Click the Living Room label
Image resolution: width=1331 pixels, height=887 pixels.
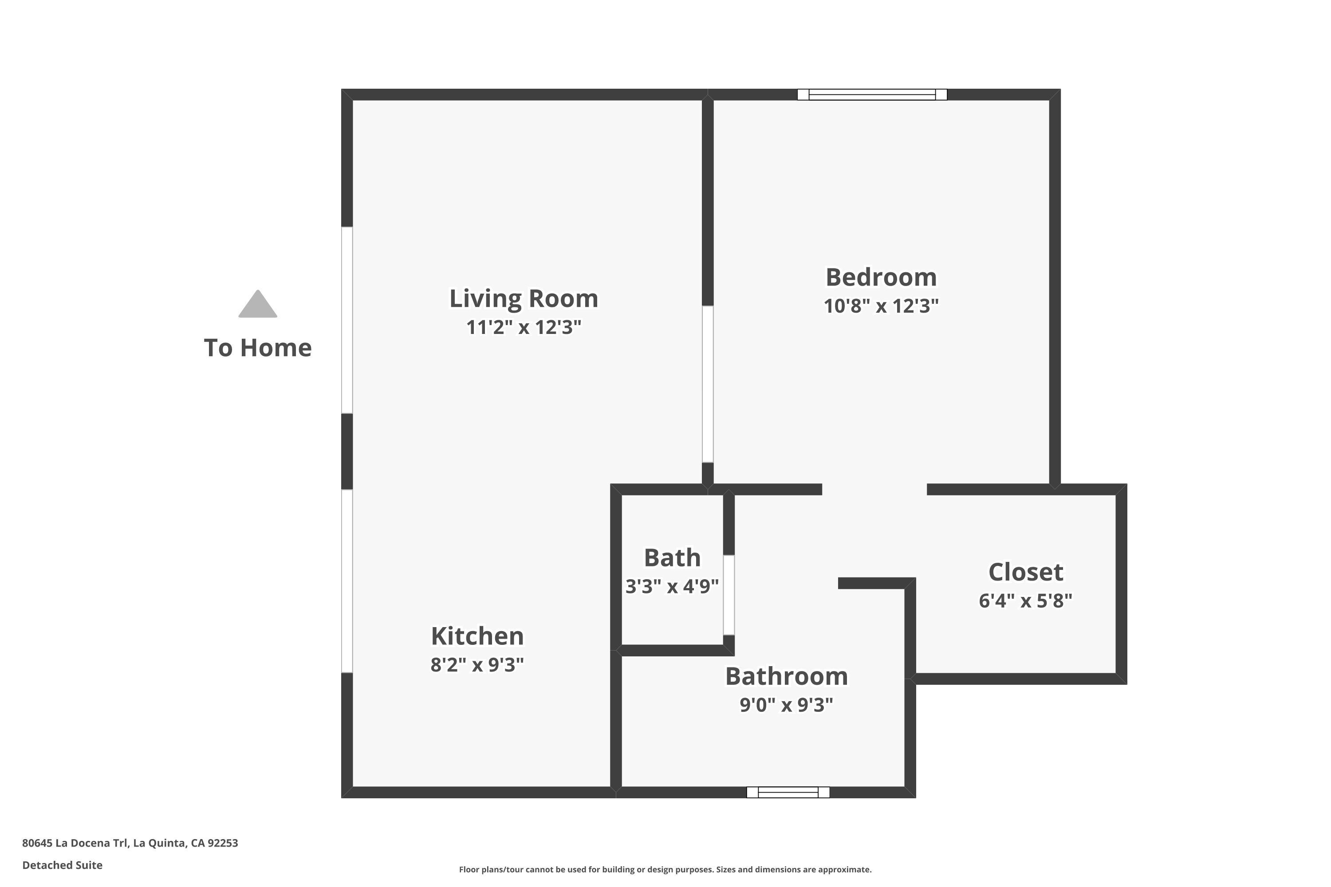point(524,298)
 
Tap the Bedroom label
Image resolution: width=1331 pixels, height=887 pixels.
point(881,277)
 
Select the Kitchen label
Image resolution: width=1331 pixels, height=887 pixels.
point(477,636)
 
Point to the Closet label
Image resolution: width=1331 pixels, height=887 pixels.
point(1025,572)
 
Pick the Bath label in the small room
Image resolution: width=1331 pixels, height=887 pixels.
point(672,558)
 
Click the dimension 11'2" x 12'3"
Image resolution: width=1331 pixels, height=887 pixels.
point(524,327)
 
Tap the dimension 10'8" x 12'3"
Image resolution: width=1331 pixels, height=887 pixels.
point(881,306)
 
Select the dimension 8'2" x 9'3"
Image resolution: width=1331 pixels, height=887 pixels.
point(477,665)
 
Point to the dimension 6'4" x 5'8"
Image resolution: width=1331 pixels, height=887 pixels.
point(1025,600)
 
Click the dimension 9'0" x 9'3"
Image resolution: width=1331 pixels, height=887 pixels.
point(787,705)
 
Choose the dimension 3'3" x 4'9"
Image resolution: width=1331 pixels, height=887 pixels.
point(672,586)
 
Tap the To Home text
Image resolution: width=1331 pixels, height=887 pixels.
point(257,348)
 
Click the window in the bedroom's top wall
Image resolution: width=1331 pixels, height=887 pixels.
point(872,94)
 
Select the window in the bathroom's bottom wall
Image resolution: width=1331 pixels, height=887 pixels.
point(788,792)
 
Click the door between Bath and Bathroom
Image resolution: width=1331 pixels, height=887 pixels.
point(729,595)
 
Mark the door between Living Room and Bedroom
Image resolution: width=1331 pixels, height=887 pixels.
point(707,384)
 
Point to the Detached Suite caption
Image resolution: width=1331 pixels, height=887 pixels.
point(62,865)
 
